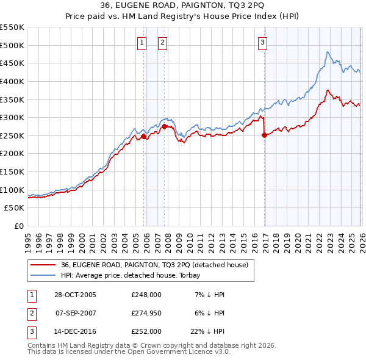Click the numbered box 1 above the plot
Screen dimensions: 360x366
[x=142, y=42]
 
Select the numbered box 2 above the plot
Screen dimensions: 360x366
[x=163, y=42]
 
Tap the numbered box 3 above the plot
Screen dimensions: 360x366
[x=262, y=42]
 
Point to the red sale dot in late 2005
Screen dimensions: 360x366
[x=144, y=137]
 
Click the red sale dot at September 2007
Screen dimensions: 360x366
[x=164, y=127]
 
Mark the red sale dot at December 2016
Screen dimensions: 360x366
[x=264, y=135]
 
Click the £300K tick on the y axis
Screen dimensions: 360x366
[x=12, y=117]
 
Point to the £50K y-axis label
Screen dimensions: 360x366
[x=14, y=208]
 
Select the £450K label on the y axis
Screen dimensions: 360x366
[x=12, y=63]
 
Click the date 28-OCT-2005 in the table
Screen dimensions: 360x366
[x=76, y=295]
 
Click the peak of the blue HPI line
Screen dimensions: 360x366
[x=328, y=52]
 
